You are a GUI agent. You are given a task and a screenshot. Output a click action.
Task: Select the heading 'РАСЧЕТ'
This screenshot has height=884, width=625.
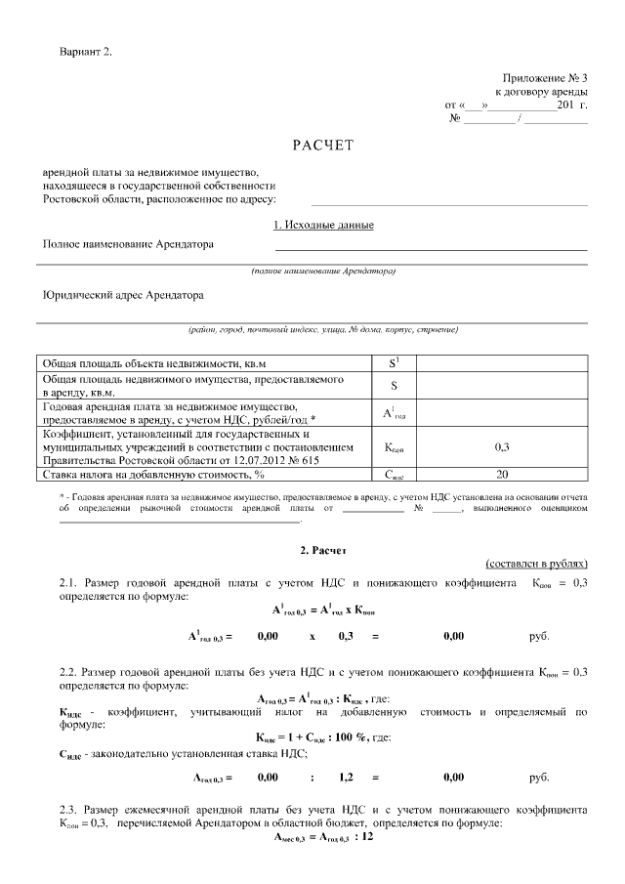[322, 146]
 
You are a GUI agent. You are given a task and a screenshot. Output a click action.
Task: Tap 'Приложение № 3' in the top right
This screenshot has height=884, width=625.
[545, 77]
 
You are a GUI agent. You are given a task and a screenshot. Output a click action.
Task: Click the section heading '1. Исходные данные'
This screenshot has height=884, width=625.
[323, 225]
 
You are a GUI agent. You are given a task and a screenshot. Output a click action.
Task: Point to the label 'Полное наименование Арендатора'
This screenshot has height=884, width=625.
[128, 244]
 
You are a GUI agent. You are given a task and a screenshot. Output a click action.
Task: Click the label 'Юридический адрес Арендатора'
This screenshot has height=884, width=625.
[123, 293]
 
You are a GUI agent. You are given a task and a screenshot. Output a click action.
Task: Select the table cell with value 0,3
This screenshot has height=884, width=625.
[502, 446]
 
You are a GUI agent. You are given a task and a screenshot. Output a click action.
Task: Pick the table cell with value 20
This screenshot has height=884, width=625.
[502, 475]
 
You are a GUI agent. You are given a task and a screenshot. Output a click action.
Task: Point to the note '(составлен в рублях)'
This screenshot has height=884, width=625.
[536, 565]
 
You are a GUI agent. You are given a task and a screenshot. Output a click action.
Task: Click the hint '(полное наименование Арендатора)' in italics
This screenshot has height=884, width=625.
[323, 270]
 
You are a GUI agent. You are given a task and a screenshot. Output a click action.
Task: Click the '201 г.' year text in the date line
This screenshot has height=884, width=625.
[571, 104]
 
